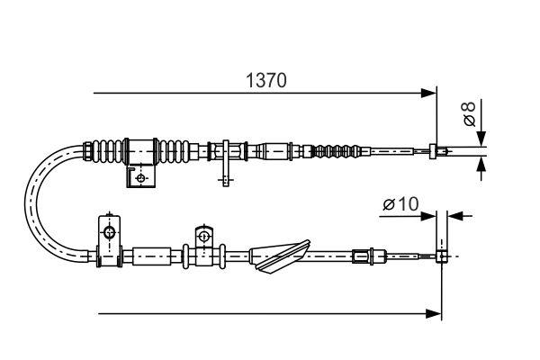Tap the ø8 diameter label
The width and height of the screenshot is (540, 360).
[x=467, y=114]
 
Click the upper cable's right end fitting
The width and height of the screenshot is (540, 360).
[x=436, y=150]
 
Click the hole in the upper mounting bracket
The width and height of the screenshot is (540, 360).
[x=140, y=178]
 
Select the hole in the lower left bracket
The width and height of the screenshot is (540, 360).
[x=109, y=234]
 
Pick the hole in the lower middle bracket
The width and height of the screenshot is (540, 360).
[x=204, y=238]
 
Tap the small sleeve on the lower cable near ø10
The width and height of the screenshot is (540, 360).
[x=363, y=256]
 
